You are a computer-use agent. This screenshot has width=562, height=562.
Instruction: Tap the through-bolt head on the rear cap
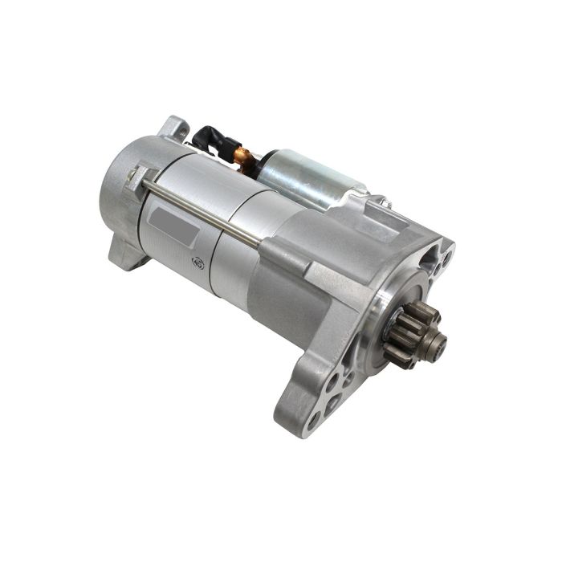141,177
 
